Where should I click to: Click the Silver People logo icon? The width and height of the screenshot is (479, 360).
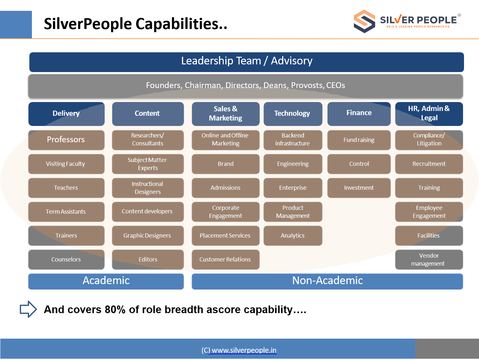364,21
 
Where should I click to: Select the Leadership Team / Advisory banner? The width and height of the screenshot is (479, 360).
247,62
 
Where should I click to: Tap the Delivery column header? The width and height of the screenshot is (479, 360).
66,114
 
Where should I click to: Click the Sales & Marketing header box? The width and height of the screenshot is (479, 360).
226,114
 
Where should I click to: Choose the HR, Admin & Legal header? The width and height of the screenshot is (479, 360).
429,114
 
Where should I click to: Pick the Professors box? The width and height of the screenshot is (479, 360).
66,140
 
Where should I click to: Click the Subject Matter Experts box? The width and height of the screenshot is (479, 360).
148,164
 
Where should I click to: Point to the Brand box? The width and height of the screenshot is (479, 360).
226,164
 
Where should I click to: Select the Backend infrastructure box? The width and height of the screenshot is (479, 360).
293,140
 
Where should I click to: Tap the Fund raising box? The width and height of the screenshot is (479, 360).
359,140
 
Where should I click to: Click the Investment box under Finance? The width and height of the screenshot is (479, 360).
359,188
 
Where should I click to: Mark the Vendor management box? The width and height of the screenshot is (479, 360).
429,260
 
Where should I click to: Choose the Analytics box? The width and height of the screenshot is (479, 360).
293,236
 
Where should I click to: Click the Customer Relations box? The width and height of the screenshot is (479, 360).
226,260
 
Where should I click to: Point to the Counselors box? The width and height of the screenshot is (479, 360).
66,260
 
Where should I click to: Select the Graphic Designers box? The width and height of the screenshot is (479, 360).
148,236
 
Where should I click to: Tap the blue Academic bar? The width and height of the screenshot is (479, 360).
106,282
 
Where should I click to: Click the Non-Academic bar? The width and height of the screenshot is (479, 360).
327,282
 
